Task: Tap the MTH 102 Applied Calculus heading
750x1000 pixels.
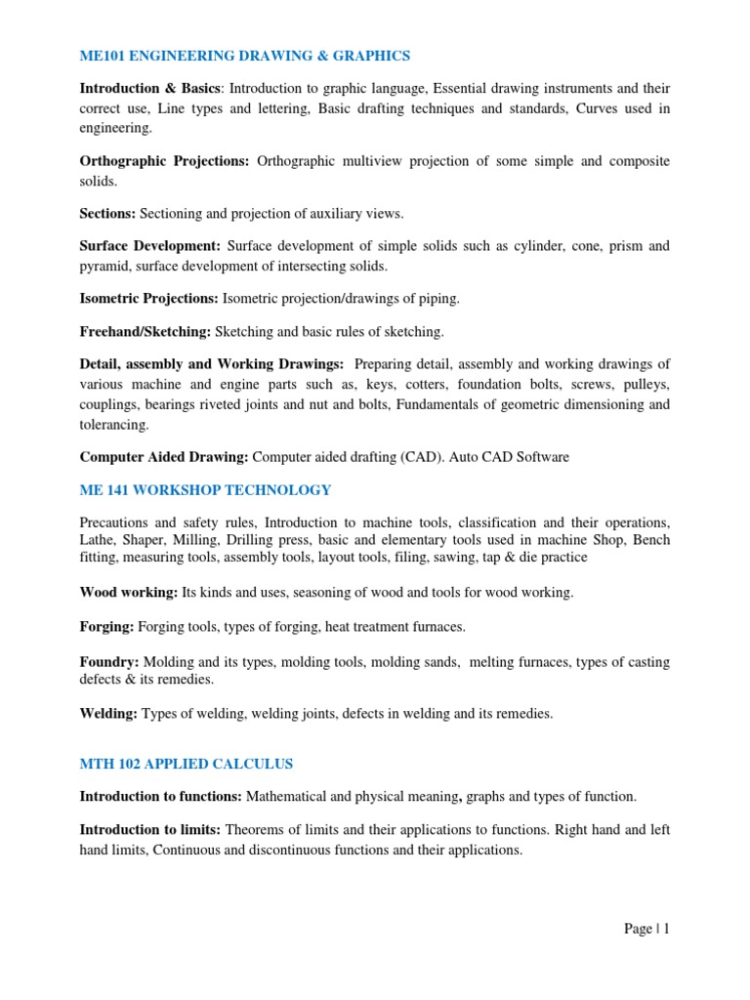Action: pos(187,763)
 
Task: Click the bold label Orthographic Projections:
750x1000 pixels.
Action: pos(165,161)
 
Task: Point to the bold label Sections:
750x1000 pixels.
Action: pos(107,212)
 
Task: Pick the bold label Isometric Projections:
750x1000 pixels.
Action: pos(149,298)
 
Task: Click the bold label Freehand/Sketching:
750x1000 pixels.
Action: pos(145,331)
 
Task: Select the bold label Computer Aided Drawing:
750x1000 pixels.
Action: pos(164,456)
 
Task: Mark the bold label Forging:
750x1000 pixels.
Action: pos(107,626)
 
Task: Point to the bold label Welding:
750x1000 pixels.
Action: pos(109,714)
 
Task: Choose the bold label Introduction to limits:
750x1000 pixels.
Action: pos(150,830)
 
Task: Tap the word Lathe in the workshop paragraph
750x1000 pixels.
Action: pos(98,540)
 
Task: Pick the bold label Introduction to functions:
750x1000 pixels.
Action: pos(160,797)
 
